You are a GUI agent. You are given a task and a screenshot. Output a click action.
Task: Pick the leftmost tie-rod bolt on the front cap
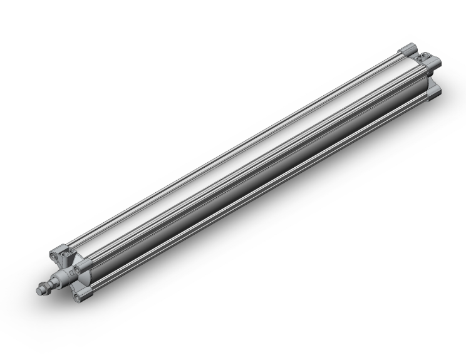(53, 255)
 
